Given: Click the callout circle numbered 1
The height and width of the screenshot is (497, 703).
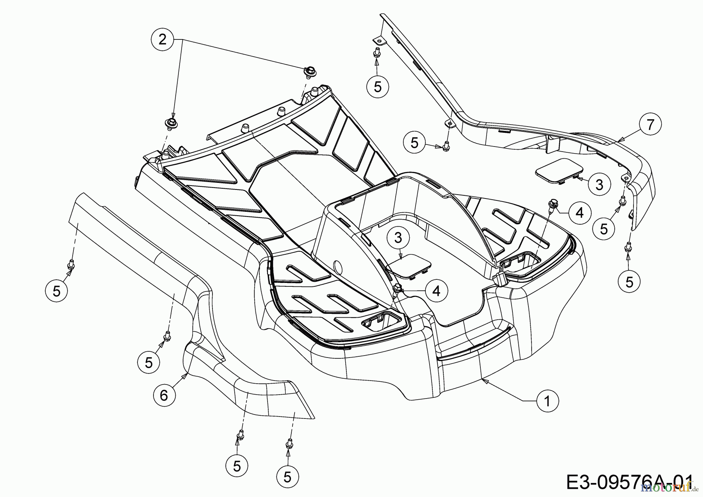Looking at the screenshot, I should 547,400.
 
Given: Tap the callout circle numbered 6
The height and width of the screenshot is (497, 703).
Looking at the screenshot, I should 164,395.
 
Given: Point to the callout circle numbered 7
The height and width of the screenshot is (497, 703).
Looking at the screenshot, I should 650,125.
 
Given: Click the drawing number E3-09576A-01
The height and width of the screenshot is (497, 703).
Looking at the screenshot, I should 629,482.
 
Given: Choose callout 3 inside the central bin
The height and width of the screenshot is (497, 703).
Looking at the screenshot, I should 398,238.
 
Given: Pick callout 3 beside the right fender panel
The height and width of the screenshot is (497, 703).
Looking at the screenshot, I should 599,184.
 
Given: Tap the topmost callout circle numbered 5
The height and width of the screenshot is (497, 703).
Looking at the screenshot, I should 377,86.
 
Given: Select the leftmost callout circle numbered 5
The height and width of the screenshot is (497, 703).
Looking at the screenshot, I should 57,291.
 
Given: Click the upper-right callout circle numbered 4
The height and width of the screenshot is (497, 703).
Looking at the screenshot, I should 580,213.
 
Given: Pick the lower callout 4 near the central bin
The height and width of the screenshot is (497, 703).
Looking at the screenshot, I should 436,290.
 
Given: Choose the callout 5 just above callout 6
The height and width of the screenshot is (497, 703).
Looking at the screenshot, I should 149,363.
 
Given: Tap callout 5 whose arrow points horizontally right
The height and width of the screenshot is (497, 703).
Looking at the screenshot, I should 414,143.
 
